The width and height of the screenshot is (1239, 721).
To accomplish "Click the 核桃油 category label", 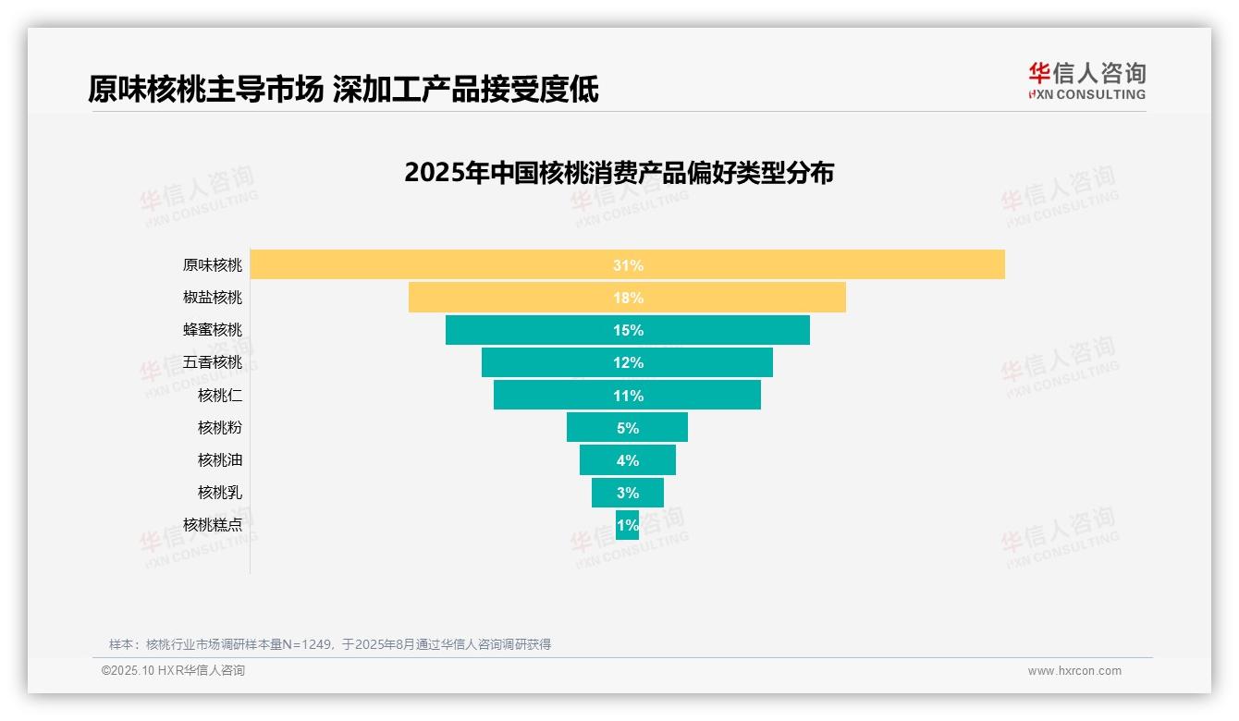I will [219, 460].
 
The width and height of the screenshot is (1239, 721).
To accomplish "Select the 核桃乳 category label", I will [219, 493].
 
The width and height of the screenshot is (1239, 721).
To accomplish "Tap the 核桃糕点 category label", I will [212, 525].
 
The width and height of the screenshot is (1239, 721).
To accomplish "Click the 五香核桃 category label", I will [212, 362].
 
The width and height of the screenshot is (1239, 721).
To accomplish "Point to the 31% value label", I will [628, 265].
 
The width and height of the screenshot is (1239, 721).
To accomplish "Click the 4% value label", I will [628, 460].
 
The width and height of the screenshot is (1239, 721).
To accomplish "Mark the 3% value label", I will [628, 493].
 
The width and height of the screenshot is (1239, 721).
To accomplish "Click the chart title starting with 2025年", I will [619, 173].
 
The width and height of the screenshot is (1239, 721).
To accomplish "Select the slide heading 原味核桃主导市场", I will [205, 90].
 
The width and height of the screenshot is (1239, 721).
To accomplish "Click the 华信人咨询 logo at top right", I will [1086, 80].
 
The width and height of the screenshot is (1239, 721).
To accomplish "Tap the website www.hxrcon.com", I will [1073, 671].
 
